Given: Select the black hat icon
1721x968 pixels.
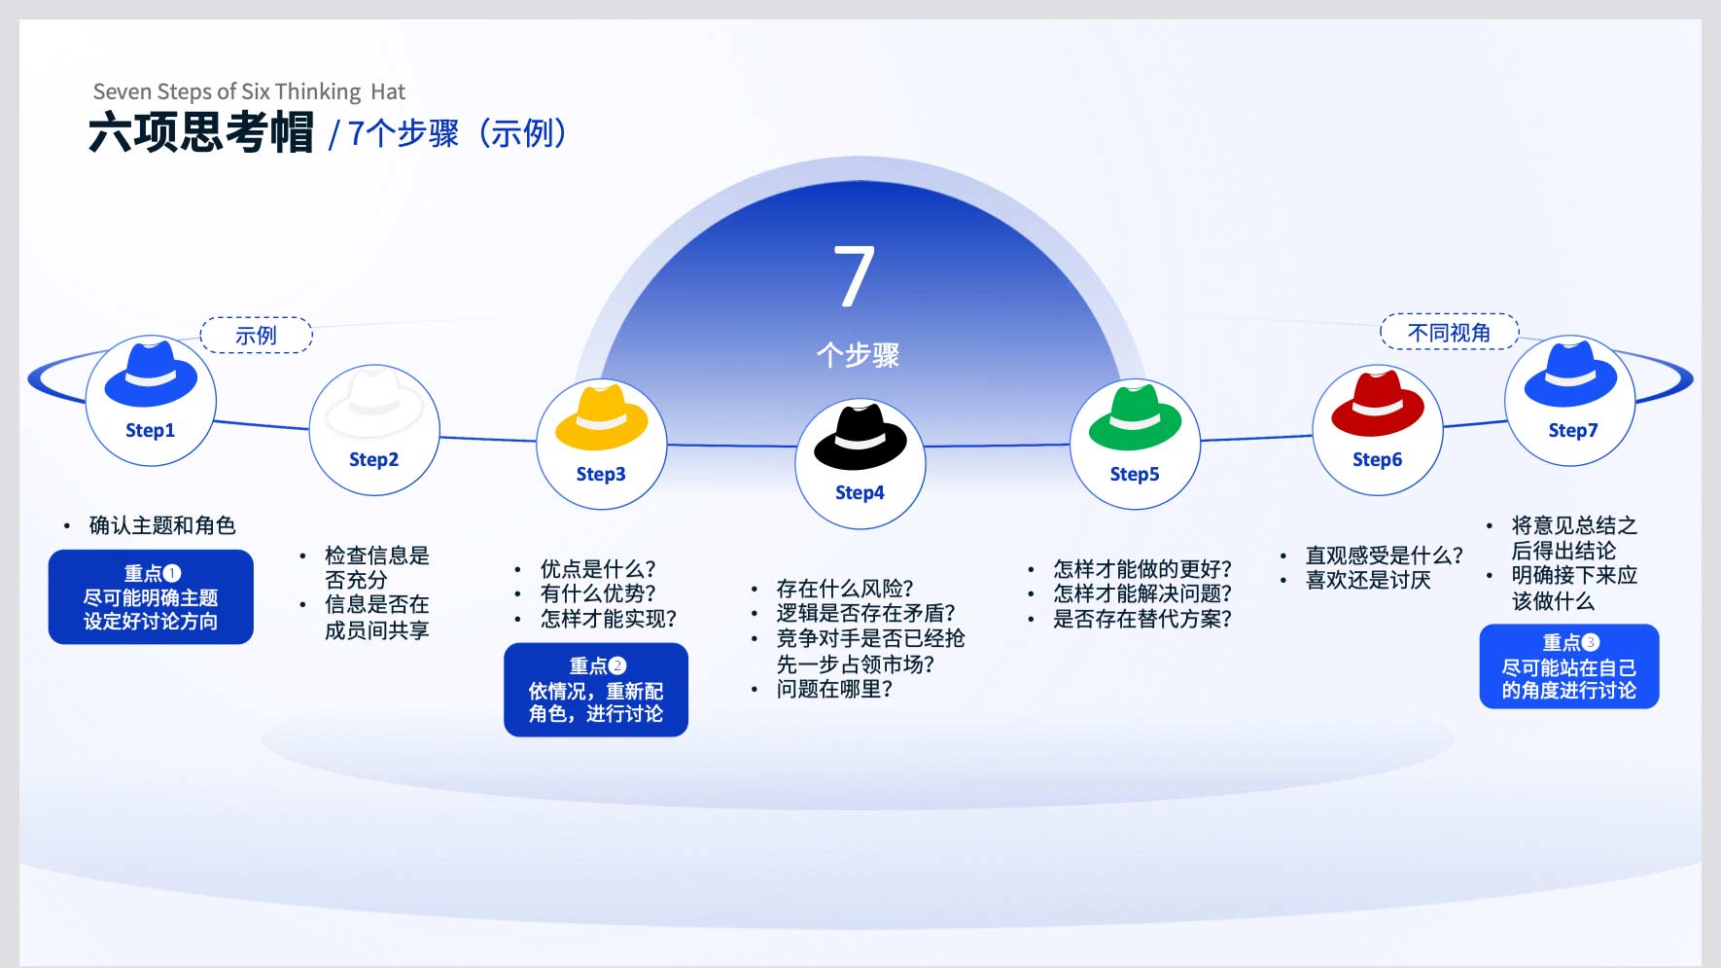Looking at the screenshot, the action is coord(860,437).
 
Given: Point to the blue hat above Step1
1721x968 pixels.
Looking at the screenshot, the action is coord(151,374).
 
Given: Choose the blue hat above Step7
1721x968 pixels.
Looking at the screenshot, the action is coord(1571,374).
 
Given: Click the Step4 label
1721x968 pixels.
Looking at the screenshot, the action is coord(860,492).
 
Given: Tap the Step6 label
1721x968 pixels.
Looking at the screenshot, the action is coord(1377,459).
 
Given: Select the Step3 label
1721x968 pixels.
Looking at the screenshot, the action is coord(601,474).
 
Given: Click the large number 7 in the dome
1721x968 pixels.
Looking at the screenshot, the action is coord(855,276).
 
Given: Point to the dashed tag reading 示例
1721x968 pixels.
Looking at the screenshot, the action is coord(256,336).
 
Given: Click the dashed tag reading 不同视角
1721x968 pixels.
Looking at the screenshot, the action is coord(1449,333).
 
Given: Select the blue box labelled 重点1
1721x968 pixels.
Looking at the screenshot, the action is coord(151,597).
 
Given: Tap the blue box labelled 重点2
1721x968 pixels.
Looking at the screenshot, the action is coord(596,690).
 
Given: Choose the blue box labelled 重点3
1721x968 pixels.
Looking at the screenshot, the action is coord(1569,666).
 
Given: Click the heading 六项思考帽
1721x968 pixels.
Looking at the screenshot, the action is coord(201,132).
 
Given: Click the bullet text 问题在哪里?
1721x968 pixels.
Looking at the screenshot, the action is coord(834,689).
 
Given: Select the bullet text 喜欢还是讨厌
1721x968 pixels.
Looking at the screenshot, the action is coord(1368,580).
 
